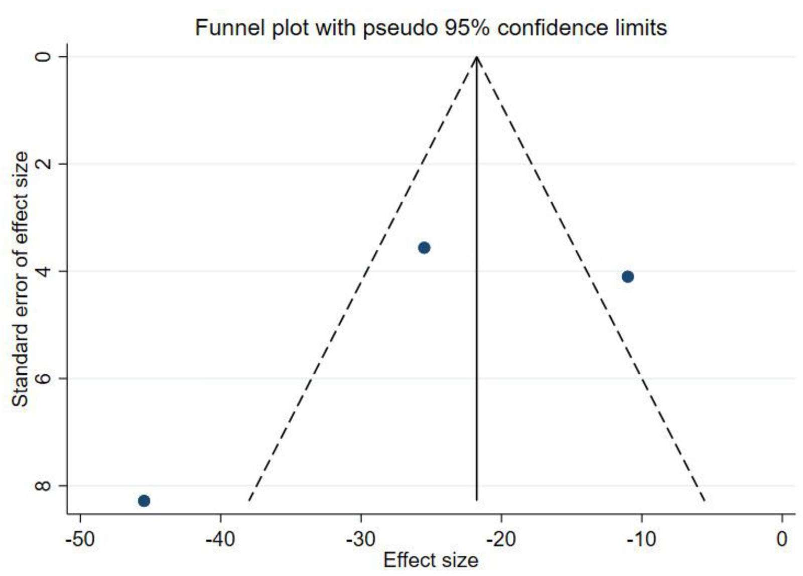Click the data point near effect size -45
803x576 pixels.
click(x=144, y=500)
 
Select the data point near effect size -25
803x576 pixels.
click(x=424, y=247)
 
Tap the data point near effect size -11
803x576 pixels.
click(x=627, y=276)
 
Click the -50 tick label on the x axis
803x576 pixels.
click(x=80, y=539)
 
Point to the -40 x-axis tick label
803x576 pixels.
click(x=221, y=539)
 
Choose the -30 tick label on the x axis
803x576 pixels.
click(x=361, y=539)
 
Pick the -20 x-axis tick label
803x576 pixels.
click(x=501, y=539)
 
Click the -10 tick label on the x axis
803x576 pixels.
click(x=641, y=539)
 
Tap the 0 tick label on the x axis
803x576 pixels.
click(x=781, y=539)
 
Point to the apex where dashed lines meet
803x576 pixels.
click(x=477, y=57)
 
